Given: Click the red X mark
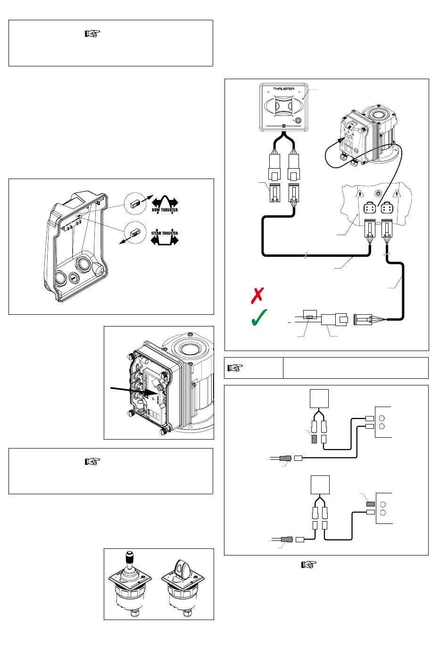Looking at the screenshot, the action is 257,295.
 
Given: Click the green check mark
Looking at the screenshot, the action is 259,317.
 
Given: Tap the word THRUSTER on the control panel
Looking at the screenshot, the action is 284,89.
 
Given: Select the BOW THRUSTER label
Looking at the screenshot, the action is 165,210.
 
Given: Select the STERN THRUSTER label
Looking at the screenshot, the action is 165,233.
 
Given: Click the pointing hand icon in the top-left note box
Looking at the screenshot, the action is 92,34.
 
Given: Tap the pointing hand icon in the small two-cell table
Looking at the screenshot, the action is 235,367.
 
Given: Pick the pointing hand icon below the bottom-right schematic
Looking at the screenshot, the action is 309,564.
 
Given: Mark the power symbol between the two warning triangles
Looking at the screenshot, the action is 378,193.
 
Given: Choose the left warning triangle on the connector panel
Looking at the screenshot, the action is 359,194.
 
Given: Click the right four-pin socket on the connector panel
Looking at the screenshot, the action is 387,208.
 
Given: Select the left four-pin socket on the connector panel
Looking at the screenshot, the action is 370,208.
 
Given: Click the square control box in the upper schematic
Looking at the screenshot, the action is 319,399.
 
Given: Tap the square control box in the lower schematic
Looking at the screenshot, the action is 320,485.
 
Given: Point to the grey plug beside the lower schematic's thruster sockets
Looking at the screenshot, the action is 371,504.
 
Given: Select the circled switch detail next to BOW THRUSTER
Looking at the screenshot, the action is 135,204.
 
